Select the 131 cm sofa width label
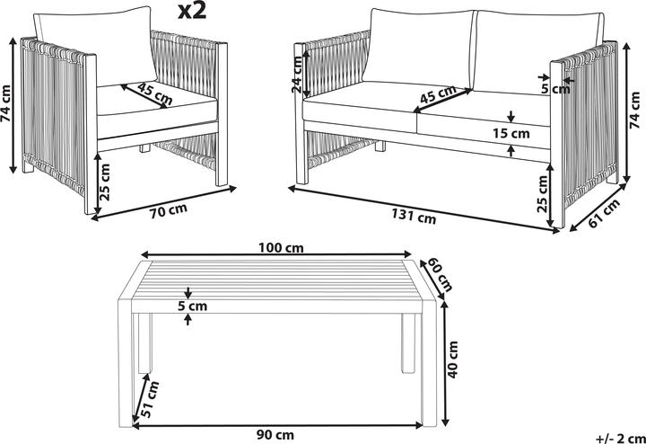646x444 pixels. (414, 218)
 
